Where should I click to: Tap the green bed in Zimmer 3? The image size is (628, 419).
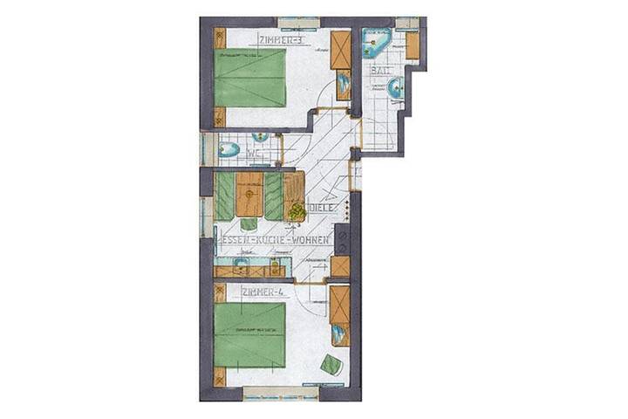(x=250, y=78)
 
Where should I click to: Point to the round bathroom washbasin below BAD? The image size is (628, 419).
(x=395, y=87)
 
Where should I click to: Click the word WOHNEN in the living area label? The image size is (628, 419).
(x=311, y=239)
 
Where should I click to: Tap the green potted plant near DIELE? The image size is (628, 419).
(x=297, y=211)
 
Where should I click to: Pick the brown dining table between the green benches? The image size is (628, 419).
(x=250, y=195)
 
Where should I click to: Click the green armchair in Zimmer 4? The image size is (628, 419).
(x=331, y=365)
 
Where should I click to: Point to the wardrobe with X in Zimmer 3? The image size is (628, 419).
(x=341, y=51)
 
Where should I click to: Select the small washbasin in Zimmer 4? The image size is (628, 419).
(x=339, y=333)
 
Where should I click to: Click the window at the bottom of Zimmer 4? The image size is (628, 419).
(x=281, y=393)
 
